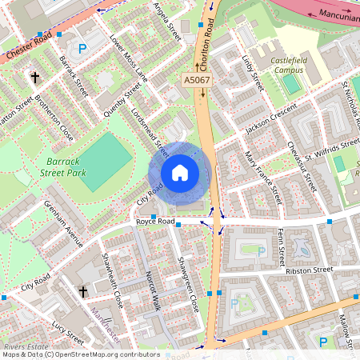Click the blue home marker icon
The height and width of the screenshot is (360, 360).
coord(180,173)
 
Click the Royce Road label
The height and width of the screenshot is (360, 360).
coord(155,220)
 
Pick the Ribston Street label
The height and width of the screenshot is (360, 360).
coord(308,270)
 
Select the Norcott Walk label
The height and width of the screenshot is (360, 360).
coord(153,290)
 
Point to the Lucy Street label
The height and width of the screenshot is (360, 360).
coord(68,330)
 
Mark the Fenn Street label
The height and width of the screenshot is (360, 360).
coord(281,246)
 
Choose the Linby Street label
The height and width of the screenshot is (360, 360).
coord(254,72)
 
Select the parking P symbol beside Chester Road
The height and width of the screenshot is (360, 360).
coord(82,48)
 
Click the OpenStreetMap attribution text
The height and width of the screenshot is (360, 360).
coord(80,354)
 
